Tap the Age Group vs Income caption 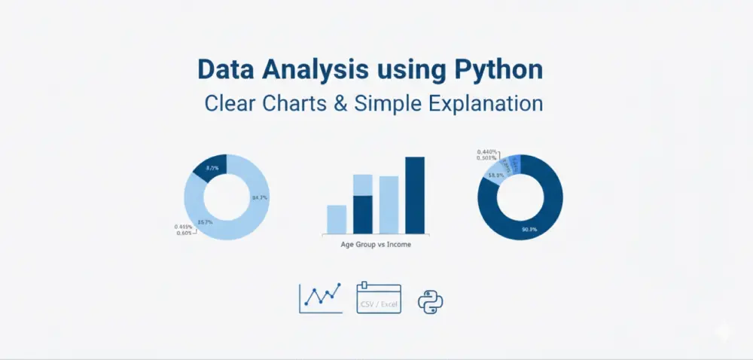pos(376,245)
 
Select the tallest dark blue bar pos(415,195)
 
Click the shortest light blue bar pos(337,219)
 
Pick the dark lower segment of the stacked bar pos(363,215)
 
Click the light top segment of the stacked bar pos(363,185)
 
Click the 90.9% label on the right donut pos(529,229)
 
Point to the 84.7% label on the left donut pos(260,197)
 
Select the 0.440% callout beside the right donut pos(486,151)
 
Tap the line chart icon pos(321,297)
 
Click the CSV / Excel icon pos(379,298)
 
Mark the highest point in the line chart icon pos(339,285)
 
